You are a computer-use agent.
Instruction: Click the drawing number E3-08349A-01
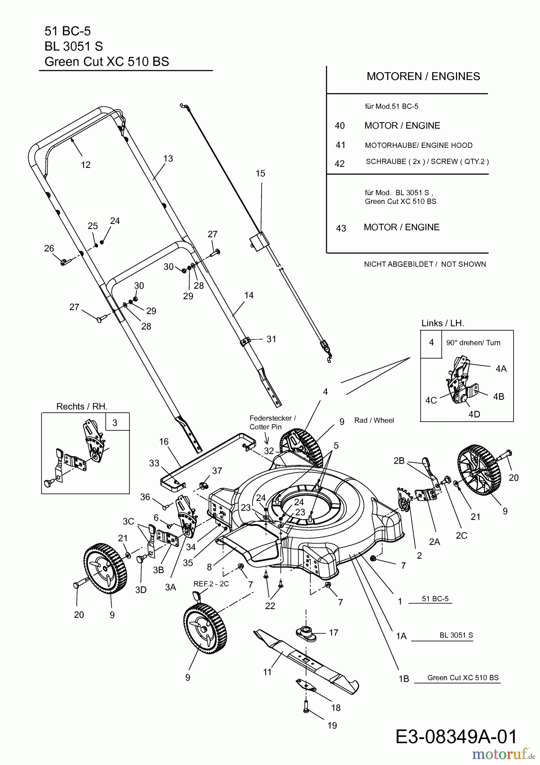(456, 737)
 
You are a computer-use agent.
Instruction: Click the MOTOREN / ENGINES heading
(423, 76)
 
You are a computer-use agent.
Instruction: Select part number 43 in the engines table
(341, 228)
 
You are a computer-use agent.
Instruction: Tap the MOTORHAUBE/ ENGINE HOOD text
(418, 145)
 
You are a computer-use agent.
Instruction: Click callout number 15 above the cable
(260, 173)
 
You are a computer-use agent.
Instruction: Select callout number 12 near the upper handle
(86, 165)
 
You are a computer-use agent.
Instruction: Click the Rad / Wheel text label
(374, 420)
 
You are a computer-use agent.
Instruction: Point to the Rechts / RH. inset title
(82, 406)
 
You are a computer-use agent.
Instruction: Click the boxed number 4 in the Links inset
(431, 343)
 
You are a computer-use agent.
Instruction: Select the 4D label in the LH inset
(474, 414)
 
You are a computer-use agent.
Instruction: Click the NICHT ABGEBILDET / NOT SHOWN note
(425, 264)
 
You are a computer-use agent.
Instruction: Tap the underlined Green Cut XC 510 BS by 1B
(463, 677)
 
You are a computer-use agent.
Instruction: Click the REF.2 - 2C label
(211, 584)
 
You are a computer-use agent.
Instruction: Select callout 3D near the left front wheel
(141, 590)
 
